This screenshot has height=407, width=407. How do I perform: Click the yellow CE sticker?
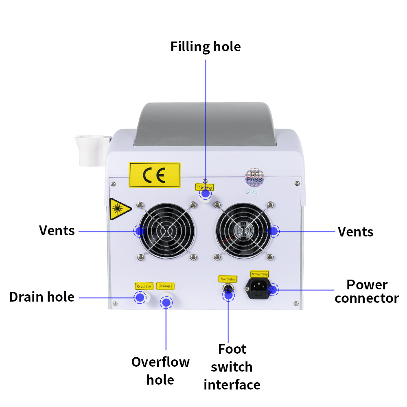click(154, 175)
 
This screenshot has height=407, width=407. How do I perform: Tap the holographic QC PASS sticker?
click(255, 178)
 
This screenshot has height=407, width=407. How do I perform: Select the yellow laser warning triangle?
click(119, 209)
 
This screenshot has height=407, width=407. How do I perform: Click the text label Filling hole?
click(206, 46)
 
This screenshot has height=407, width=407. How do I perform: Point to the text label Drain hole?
click(42, 297)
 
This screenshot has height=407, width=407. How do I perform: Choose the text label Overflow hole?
click(160, 370)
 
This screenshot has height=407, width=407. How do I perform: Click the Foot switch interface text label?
click(232, 367)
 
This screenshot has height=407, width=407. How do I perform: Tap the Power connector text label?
click(366, 291)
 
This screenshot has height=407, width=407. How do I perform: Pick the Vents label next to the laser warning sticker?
click(57, 230)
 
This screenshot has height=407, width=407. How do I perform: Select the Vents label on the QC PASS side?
click(355, 232)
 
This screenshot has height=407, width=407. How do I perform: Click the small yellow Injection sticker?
click(204, 187)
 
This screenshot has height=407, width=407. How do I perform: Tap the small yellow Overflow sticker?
click(144, 286)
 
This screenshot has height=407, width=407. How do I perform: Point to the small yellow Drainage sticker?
click(166, 286)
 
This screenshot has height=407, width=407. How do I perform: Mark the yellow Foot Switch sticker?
click(228, 279)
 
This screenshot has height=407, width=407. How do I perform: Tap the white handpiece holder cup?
click(92, 150)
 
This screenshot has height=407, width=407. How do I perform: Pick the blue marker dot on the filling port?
click(206, 195)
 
